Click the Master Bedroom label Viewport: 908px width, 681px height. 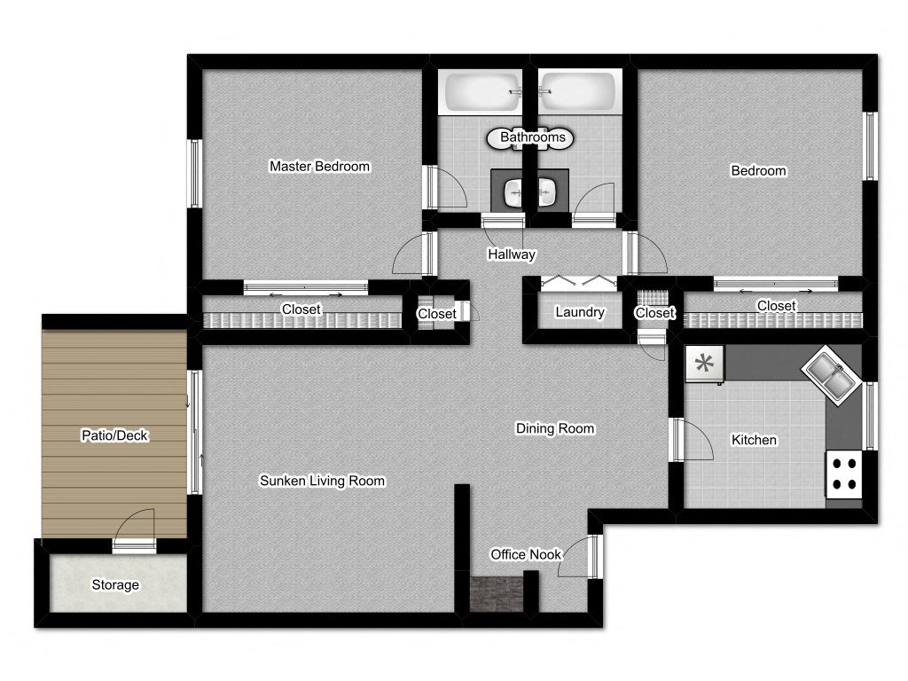[x=319, y=166]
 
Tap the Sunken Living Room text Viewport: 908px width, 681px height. [x=322, y=481]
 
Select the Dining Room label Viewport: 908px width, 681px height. [x=555, y=428]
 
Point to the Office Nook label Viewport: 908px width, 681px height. [x=526, y=555]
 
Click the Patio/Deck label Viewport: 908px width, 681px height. [x=114, y=435]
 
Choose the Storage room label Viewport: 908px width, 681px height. [x=115, y=585]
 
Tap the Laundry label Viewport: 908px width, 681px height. [x=580, y=312]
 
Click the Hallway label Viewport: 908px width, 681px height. [x=512, y=254]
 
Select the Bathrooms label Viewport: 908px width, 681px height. [x=533, y=137]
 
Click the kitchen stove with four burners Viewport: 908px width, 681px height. [x=844, y=474]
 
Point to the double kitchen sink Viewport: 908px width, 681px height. [x=831, y=375]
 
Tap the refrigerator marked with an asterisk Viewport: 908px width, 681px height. [x=704, y=364]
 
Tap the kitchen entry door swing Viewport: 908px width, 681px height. [x=693, y=440]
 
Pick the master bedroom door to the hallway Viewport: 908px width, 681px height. [x=413, y=254]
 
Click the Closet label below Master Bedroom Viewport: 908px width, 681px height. [x=301, y=309]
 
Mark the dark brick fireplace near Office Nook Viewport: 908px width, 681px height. [x=497, y=594]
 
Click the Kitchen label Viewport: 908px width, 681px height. [x=754, y=440]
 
